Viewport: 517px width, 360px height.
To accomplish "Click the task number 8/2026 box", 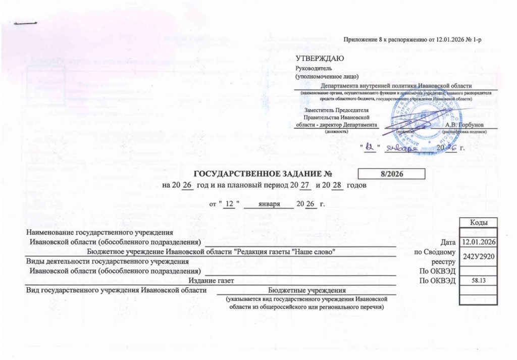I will pos(391,174).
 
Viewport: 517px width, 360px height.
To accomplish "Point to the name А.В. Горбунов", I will pos(464,124).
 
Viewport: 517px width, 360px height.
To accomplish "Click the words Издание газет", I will pos(211,280).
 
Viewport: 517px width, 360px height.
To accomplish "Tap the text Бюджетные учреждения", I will pos(306,290).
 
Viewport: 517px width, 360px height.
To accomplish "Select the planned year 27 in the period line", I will pos(304,185).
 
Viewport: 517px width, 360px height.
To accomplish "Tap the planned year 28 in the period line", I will pos(338,185).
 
